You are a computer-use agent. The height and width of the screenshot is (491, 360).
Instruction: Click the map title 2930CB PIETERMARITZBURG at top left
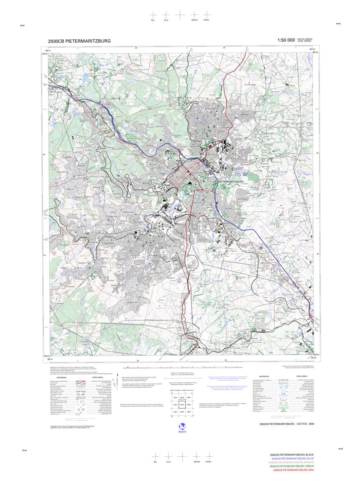click(x=79, y=41)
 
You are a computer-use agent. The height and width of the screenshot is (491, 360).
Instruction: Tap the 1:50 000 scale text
click(x=286, y=40)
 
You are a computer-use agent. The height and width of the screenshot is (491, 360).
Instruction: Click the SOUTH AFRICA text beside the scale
click(x=305, y=39)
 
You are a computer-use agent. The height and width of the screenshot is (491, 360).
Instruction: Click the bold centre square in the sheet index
click(x=181, y=405)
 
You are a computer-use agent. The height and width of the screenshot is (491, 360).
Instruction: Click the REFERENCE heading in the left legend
click(x=62, y=377)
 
